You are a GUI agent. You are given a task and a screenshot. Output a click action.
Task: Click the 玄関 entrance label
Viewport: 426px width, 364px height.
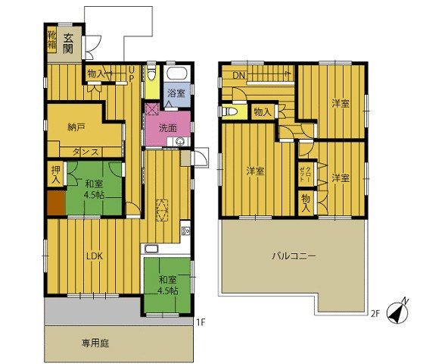(x=68, y=44)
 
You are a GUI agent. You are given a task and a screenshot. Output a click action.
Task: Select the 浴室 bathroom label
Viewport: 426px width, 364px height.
(x=176, y=93)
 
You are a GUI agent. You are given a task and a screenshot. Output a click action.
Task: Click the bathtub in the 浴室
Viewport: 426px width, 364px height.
(x=179, y=74)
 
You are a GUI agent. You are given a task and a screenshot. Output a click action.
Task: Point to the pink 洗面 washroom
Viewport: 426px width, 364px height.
(x=168, y=128)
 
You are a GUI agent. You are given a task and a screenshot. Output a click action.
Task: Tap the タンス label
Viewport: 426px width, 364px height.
(x=86, y=152)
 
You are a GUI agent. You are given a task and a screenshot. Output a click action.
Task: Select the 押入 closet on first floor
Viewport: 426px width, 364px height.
(x=56, y=174)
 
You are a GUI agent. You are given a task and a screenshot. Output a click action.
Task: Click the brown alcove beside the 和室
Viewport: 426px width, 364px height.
(x=56, y=202)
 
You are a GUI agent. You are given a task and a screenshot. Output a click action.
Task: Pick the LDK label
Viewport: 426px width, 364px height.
(x=95, y=256)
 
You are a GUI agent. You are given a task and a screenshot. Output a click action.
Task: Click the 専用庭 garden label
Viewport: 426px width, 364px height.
(x=95, y=344)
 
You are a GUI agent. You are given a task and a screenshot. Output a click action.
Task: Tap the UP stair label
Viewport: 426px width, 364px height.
(x=131, y=74)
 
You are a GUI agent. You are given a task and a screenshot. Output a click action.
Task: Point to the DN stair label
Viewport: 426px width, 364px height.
(x=239, y=76)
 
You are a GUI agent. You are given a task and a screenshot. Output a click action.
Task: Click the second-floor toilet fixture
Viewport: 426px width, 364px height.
(x=229, y=111)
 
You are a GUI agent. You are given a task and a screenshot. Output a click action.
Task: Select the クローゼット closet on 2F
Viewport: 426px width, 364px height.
(x=306, y=174)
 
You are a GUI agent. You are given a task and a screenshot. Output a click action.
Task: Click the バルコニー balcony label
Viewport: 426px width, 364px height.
(x=294, y=256)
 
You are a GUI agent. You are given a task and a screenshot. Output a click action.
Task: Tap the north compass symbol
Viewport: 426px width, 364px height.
(x=397, y=313)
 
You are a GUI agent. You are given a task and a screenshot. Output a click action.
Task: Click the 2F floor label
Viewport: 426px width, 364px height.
(x=375, y=314)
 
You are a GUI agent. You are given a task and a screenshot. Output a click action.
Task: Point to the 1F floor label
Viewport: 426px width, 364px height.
(x=201, y=322)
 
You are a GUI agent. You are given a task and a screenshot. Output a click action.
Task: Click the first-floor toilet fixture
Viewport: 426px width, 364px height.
(x=151, y=73)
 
